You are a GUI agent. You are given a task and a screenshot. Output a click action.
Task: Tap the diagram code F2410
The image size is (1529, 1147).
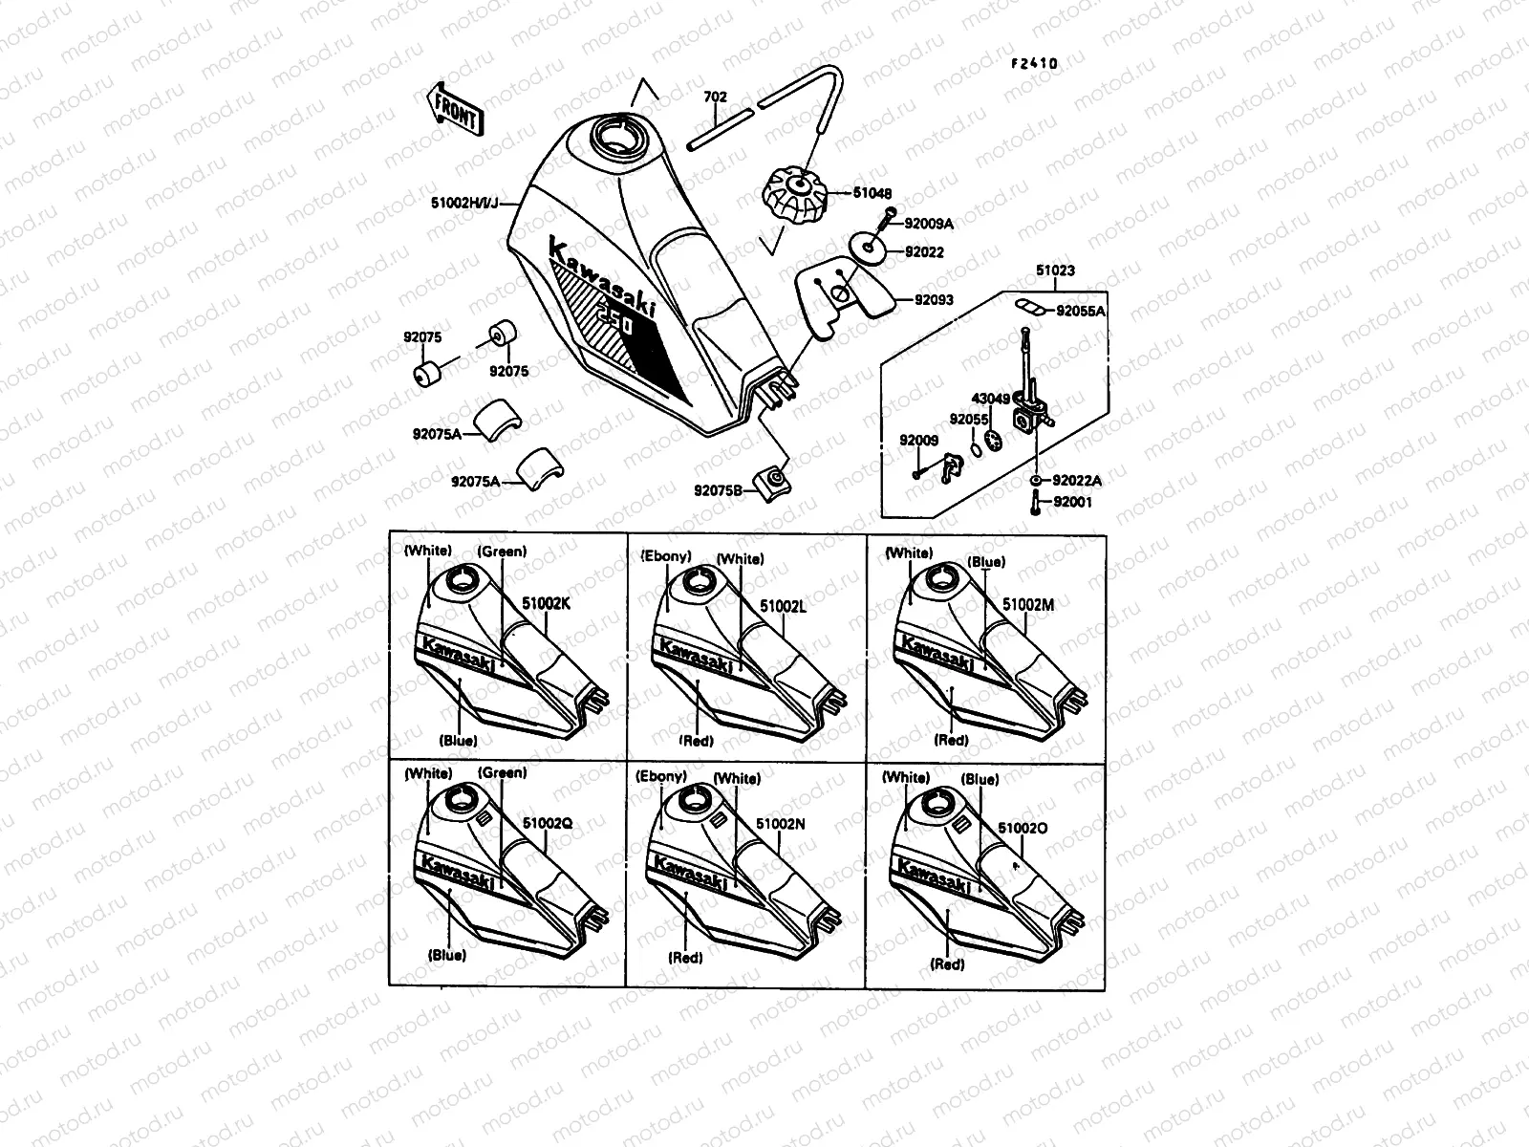click(1035, 64)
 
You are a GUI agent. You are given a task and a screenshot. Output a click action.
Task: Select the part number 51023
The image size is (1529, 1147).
click(1055, 271)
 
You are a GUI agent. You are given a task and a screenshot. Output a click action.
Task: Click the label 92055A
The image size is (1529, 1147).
click(1081, 311)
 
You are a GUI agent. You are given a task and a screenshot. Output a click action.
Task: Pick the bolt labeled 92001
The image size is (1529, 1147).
click(1035, 504)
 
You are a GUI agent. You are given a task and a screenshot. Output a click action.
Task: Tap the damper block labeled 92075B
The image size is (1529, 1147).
click(773, 480)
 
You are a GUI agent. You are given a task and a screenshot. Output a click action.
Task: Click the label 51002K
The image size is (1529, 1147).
click(548, 604)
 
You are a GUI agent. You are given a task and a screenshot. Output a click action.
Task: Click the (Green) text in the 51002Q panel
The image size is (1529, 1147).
click(502, 772)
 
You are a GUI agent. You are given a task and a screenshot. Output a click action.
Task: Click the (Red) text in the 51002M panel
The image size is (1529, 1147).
click(950, 740)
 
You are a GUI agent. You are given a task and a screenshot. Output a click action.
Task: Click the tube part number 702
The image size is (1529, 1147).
click(715, 97)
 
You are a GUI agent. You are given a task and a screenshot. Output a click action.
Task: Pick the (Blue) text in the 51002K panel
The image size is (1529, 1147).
click(459, 741)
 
